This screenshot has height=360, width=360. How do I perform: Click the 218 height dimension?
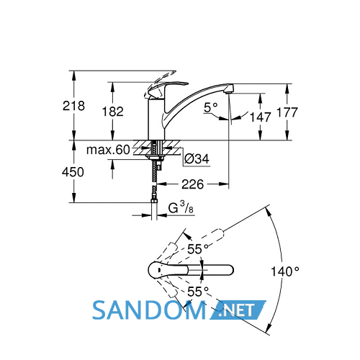coord(73,106)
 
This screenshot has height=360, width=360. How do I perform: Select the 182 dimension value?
coord(113,112)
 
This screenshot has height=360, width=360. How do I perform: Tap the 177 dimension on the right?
coord(287,112)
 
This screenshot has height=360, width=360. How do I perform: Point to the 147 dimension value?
coord(260,117)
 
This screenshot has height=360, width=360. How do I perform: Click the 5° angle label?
coord(211,107)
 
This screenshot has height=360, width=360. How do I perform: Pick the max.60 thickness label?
coord(108,150)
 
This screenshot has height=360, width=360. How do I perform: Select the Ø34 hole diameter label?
coord(197,158)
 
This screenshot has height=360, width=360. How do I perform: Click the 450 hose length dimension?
coord(73,172)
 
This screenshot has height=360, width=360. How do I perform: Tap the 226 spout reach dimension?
coord(192,184)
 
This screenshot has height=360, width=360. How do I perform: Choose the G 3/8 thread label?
coord(181,207)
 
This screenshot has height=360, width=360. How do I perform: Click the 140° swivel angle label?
coord(285,271)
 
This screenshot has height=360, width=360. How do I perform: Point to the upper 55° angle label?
coord(198,249)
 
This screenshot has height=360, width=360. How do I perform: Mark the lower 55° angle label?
coord(198,292)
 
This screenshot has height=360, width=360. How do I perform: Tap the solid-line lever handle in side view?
coord(168,88)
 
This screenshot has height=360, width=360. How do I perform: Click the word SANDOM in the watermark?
coord(149,310)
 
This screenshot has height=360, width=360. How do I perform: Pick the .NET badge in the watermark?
coord(238,310)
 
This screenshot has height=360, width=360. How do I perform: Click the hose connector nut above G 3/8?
coord(154,201)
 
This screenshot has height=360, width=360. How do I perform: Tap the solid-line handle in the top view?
coord(168,271)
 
